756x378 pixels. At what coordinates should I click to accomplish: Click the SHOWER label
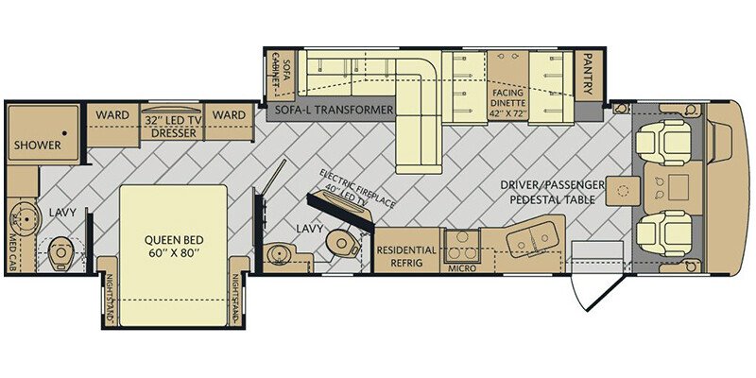(x=37, y=146)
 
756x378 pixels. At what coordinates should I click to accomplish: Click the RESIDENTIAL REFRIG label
(x=407, y=256)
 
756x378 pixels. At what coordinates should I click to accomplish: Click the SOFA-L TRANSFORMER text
(x=334, y=111)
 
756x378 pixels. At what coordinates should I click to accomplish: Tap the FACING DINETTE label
(x=514, y=100)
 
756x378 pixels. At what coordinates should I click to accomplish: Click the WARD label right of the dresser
(x=229, y=115)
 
